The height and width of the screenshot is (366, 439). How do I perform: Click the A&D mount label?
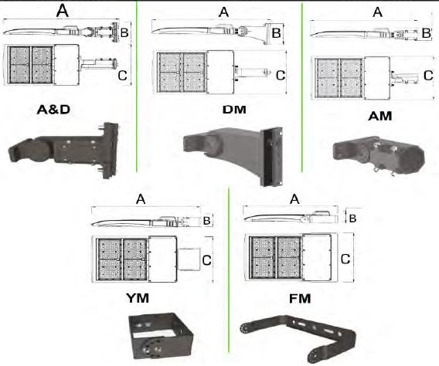53,110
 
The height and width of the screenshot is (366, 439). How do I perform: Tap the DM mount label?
235,110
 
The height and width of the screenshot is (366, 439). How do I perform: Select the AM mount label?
380,117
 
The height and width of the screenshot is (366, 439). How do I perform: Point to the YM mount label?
138,298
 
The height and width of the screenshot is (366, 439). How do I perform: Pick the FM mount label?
300,299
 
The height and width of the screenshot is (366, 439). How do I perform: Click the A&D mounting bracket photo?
64,150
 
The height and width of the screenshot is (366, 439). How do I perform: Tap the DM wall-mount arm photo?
233,155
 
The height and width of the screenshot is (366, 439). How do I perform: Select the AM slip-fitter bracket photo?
379,154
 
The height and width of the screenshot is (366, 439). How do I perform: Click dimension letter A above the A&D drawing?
62,11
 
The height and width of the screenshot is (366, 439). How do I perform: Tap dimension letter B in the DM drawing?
276,33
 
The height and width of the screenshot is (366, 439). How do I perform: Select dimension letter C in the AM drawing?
428,76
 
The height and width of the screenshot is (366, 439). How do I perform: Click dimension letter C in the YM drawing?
206,260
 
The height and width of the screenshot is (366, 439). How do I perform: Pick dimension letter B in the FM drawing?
352,219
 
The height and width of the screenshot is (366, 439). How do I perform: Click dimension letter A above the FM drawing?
294,199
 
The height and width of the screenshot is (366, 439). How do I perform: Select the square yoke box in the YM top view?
189,259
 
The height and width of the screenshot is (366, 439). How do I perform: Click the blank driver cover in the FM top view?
317,257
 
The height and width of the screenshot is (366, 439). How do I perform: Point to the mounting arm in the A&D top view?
97,63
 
